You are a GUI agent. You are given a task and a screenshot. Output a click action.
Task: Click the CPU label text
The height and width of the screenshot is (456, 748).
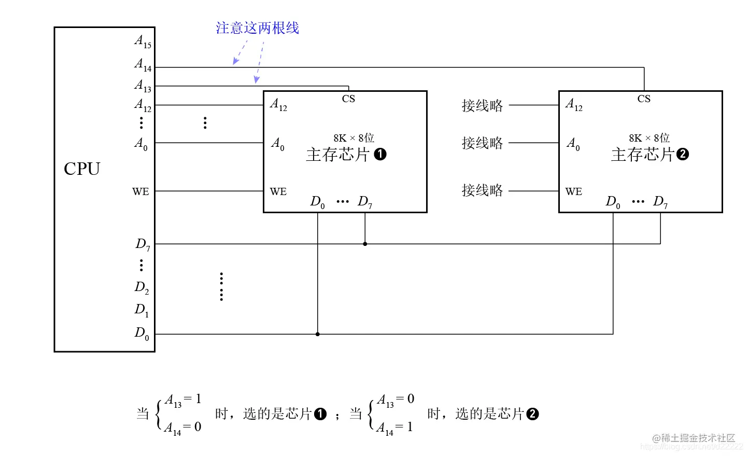(x=82, y=169)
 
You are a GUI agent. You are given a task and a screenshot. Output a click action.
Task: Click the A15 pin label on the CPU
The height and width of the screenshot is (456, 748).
(x=143, y=42)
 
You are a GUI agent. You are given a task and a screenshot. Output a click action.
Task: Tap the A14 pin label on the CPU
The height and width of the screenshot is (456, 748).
(x=143, y=65)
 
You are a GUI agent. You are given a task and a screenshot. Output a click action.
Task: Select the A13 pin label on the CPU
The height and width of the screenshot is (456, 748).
(x=143, y=86)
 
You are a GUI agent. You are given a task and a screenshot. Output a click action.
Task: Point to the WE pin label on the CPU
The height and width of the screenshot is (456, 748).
(x=140, y=191)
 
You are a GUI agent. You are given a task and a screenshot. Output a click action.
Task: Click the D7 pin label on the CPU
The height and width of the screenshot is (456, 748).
(x=143, y=244)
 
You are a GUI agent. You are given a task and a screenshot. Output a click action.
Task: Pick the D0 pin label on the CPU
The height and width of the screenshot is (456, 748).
(x=142, y=334)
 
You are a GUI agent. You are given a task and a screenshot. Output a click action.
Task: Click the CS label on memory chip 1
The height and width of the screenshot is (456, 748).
(x=348, y=99)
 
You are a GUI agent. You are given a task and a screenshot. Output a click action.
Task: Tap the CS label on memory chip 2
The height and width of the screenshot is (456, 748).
(x=644, y=99)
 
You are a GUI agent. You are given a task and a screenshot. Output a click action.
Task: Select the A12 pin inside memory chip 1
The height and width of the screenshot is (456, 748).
(x=278, y=105)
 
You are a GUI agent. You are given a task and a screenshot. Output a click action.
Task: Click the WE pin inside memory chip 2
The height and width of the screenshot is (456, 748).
(x=574, y=191)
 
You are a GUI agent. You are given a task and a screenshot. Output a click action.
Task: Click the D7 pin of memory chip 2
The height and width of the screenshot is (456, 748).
(x=660, y=202)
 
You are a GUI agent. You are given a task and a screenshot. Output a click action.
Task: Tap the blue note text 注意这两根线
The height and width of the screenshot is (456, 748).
(x=257, y=28)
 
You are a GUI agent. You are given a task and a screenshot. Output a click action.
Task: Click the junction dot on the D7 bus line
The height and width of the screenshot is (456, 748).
(x=365, y=244)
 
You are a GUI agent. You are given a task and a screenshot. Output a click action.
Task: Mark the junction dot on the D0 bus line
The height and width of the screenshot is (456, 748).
(x=318, y=334)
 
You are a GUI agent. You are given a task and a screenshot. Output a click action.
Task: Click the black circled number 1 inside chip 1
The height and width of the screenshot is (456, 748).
(x=380, y=154)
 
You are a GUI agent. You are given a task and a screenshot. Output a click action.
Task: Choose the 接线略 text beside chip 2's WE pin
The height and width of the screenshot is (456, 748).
(x=482, y=190)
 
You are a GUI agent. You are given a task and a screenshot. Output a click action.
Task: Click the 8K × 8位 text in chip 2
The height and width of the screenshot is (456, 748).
(x=649, y=138)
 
